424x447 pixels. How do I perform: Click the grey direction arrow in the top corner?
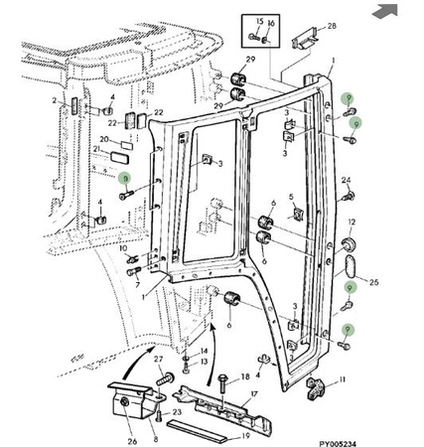[x=385, y=12]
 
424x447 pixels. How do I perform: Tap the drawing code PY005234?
[x=338, y=443]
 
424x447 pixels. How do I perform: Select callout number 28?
[x=332, y=26]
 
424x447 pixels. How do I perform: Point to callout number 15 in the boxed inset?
[x=260, y=22]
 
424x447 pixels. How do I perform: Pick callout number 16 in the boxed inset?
[x=271, y=23]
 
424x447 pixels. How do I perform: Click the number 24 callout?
[x=346, y=180]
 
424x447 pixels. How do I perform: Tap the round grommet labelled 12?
[x=349, y=244]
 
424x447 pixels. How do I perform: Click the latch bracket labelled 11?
[x=314, y=388]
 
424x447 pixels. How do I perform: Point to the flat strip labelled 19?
[x=198, y=431]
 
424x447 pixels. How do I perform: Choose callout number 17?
[x=254, y=394]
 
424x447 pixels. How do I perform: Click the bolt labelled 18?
[x=222, y=385]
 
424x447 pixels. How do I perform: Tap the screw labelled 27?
[x=165, y=377]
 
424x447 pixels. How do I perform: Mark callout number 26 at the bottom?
[x=132, y=441]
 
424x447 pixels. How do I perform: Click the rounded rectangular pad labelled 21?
[x=120, y=157]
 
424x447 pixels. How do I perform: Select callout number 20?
[x=104, y=139]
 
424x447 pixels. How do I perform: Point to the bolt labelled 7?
[x=134, y=272]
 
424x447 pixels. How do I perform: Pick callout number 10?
[x=123, y=248]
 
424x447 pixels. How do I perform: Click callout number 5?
[x=291, y=197]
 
